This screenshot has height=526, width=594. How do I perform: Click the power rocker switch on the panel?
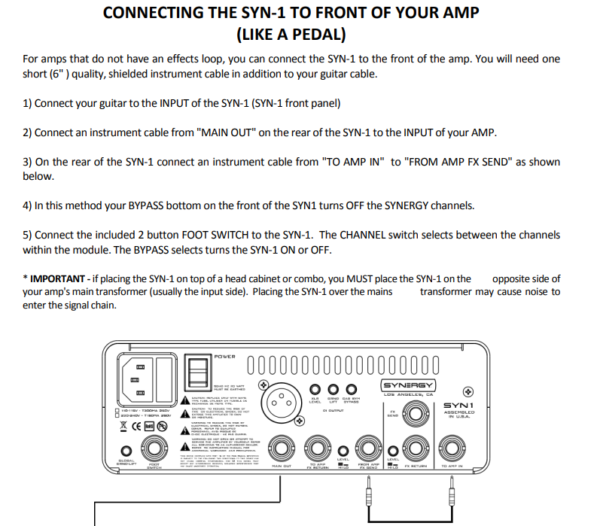click(197, 375)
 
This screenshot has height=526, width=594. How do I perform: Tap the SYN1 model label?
click(459, 406)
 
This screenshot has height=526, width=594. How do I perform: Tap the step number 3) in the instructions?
click(28, 162)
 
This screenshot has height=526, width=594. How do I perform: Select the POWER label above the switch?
click(224, 356)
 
